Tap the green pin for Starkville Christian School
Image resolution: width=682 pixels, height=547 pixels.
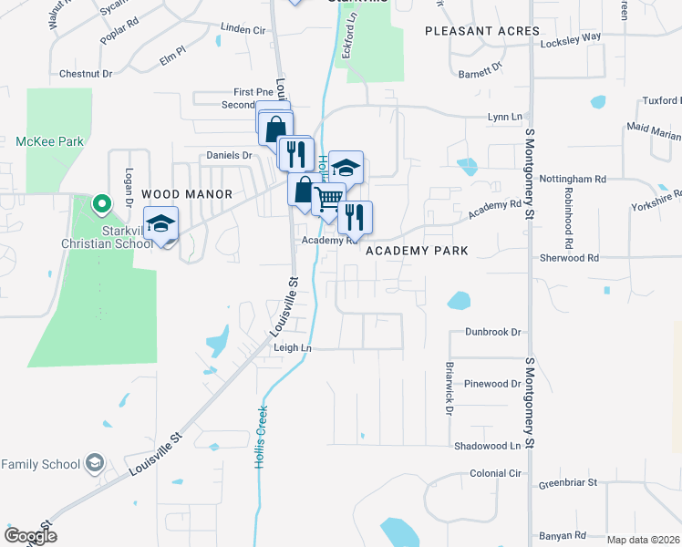tap(102, 202)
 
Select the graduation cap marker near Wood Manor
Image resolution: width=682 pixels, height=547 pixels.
tap(161, 224)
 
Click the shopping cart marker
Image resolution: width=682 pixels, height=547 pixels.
tap(329, 199)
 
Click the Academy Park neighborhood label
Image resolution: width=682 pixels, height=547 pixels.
tap(417, 251)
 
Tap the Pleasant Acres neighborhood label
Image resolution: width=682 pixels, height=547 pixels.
tap(482, 31)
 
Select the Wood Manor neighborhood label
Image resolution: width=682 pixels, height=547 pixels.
tap(188, 194)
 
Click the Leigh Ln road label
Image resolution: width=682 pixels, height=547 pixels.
tap(293, 348)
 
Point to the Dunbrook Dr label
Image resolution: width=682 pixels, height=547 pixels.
tap(492, 333)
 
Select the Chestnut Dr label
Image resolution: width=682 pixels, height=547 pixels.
tap(85, 74)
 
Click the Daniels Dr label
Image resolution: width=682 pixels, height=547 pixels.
tap(229, 156)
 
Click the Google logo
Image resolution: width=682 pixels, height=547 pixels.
tap(30, 536)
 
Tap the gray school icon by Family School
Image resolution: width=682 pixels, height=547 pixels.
tap(94, 464)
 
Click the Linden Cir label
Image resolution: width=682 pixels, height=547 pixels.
tap(243, 30)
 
